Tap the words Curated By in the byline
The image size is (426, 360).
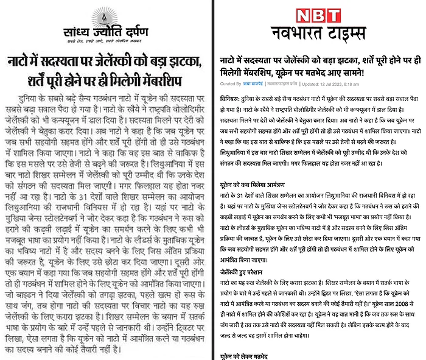coord(229,83)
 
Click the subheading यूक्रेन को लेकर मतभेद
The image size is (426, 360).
coord(243,355)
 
